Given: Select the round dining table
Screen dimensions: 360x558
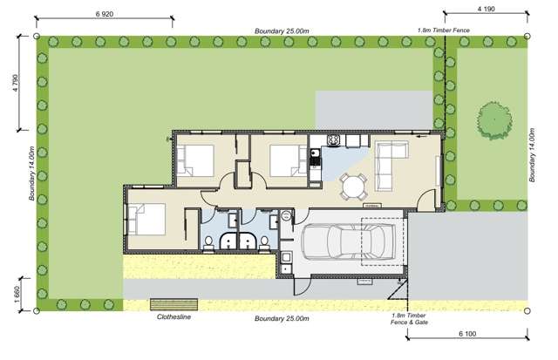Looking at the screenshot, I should point(354,186).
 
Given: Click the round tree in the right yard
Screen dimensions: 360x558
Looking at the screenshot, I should point(494,121).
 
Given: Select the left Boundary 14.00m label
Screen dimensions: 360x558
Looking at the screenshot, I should point(31,173).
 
